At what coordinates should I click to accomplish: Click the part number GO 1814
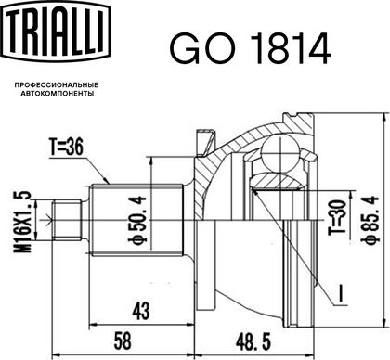point(250,49)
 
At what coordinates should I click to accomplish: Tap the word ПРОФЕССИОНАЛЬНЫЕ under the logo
point(57,84)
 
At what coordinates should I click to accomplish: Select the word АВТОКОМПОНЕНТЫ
point(58,94)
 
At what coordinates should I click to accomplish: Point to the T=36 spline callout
point(66,148)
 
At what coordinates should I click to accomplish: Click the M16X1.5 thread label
point(23,222)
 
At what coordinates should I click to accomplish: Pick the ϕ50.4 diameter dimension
point(138,220)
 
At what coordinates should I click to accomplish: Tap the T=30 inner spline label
point(337,217)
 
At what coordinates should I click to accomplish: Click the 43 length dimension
point(140,311)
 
